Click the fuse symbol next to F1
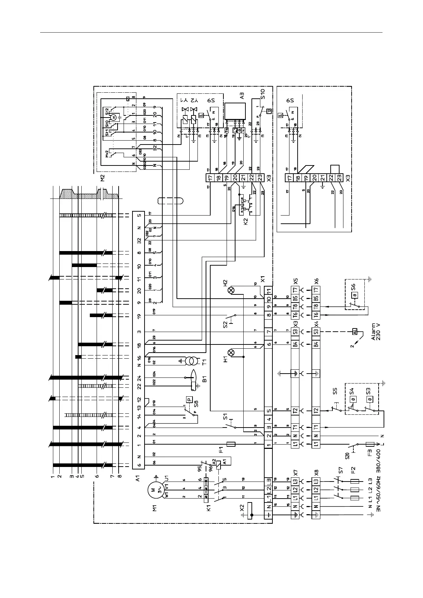[231, 444]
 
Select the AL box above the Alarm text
[354, 332]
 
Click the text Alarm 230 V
[375, 332]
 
